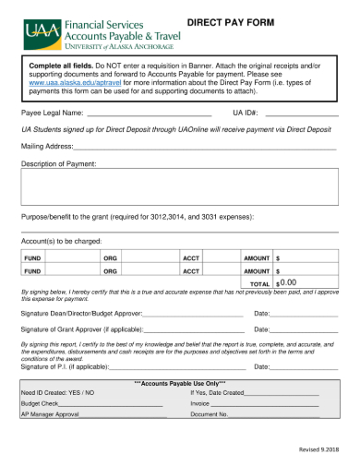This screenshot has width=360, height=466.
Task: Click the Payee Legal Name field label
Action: pyautogui.click(x=52, y=113)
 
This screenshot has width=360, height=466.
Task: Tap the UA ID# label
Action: pyautogui.click(x=244, y=113)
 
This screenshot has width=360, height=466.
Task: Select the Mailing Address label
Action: pyautogui.click(x=46, y=146)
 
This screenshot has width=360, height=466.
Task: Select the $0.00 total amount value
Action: pyautogui.click(x=288, y=283)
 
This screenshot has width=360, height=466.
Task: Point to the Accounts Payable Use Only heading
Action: pyautogui.click(x=180, y=382)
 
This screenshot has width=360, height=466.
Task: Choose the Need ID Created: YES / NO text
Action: pyautogui.click(x=57, y=392)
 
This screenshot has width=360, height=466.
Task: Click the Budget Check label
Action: pyautogui.click(x=40, y=403)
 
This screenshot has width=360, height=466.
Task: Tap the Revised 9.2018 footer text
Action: pyautogui.click(x=318, y=448)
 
